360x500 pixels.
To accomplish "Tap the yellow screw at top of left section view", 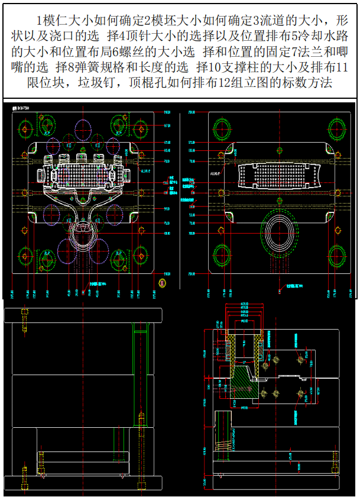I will [x=25, y=320].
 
